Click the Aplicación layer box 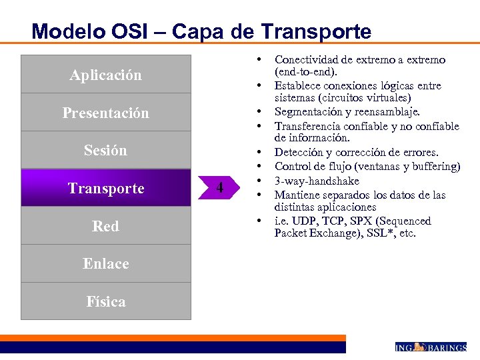105,75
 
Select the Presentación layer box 105,113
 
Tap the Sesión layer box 105,150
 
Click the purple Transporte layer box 105,188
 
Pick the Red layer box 105,226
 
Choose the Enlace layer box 105,263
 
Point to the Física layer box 105,301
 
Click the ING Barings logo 430,347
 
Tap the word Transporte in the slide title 316,31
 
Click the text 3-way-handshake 317,181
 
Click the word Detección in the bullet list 297,153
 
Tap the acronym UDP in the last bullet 300,221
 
